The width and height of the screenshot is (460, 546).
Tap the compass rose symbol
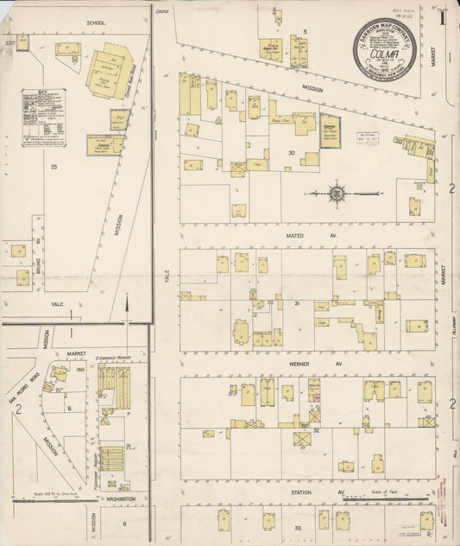336,193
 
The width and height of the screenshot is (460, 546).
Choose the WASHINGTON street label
118,499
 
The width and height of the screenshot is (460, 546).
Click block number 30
292,153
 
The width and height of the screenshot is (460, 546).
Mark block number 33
298,527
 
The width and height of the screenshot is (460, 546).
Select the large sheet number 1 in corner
441,16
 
